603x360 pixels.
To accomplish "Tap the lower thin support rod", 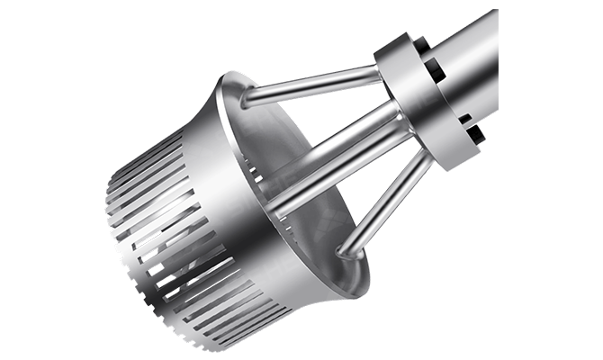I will [x=382, y=202].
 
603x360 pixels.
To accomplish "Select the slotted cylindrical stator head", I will [x=180, y=225].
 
